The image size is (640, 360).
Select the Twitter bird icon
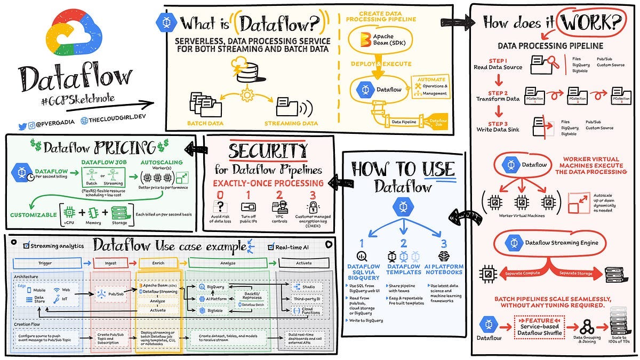click(22, 126)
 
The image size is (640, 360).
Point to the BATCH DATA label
click(205, 123)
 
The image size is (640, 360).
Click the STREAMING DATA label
click(290, 123)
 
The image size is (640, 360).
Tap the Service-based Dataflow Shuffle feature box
click(539, 326)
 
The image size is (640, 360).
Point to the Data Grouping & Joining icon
click(585, 325)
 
